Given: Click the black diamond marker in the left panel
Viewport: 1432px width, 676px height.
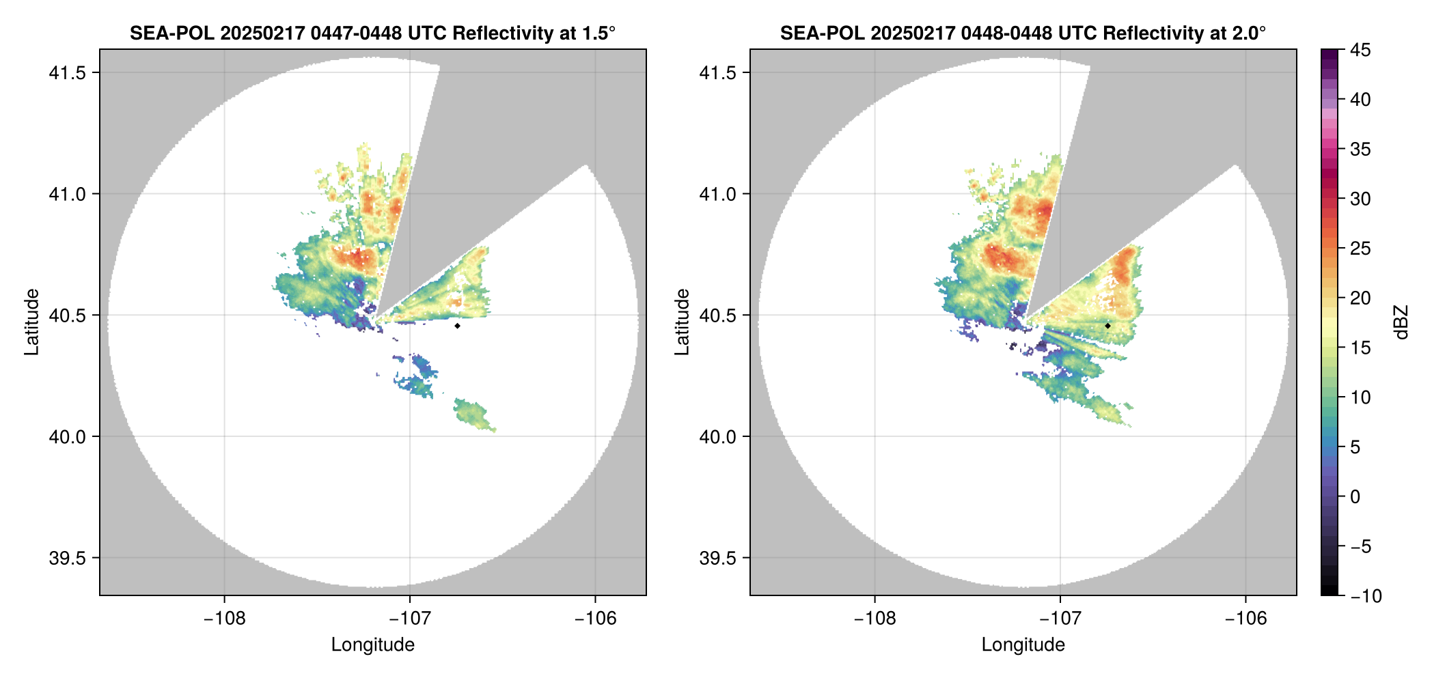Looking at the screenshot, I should coord(457,326).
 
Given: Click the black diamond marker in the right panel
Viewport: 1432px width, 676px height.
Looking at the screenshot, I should coord(1107,326).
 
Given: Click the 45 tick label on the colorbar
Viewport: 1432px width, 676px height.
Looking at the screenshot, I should coord(1360,50).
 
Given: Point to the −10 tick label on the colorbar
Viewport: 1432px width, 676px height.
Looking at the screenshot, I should coord(1366,596).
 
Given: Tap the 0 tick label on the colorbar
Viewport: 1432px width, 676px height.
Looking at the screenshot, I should coord(1355,497).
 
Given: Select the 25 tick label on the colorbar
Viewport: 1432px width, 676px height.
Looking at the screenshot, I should coord(1360,249).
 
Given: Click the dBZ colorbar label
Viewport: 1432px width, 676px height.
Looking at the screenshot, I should coord(1402,322).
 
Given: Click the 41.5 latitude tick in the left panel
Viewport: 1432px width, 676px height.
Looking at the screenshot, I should coord(67,73).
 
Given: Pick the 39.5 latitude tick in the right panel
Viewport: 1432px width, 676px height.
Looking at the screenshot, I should coord(717,558).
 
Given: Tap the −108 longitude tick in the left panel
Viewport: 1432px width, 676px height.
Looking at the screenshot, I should coord(224,619).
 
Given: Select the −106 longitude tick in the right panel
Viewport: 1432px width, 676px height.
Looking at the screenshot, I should coord(1246,619).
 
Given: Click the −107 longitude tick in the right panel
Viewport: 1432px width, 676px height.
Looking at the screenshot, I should coord(1060,619).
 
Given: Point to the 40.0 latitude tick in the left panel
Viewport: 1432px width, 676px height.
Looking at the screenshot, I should coord(67,437).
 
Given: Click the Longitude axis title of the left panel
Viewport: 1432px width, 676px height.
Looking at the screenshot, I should coord(373,645).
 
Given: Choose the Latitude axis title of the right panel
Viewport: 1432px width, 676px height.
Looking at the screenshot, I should coord(682,322).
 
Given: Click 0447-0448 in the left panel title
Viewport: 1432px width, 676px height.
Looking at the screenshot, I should coord(356,33).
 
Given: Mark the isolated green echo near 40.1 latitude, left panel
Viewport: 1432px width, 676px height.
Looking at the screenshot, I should coord(473,414).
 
